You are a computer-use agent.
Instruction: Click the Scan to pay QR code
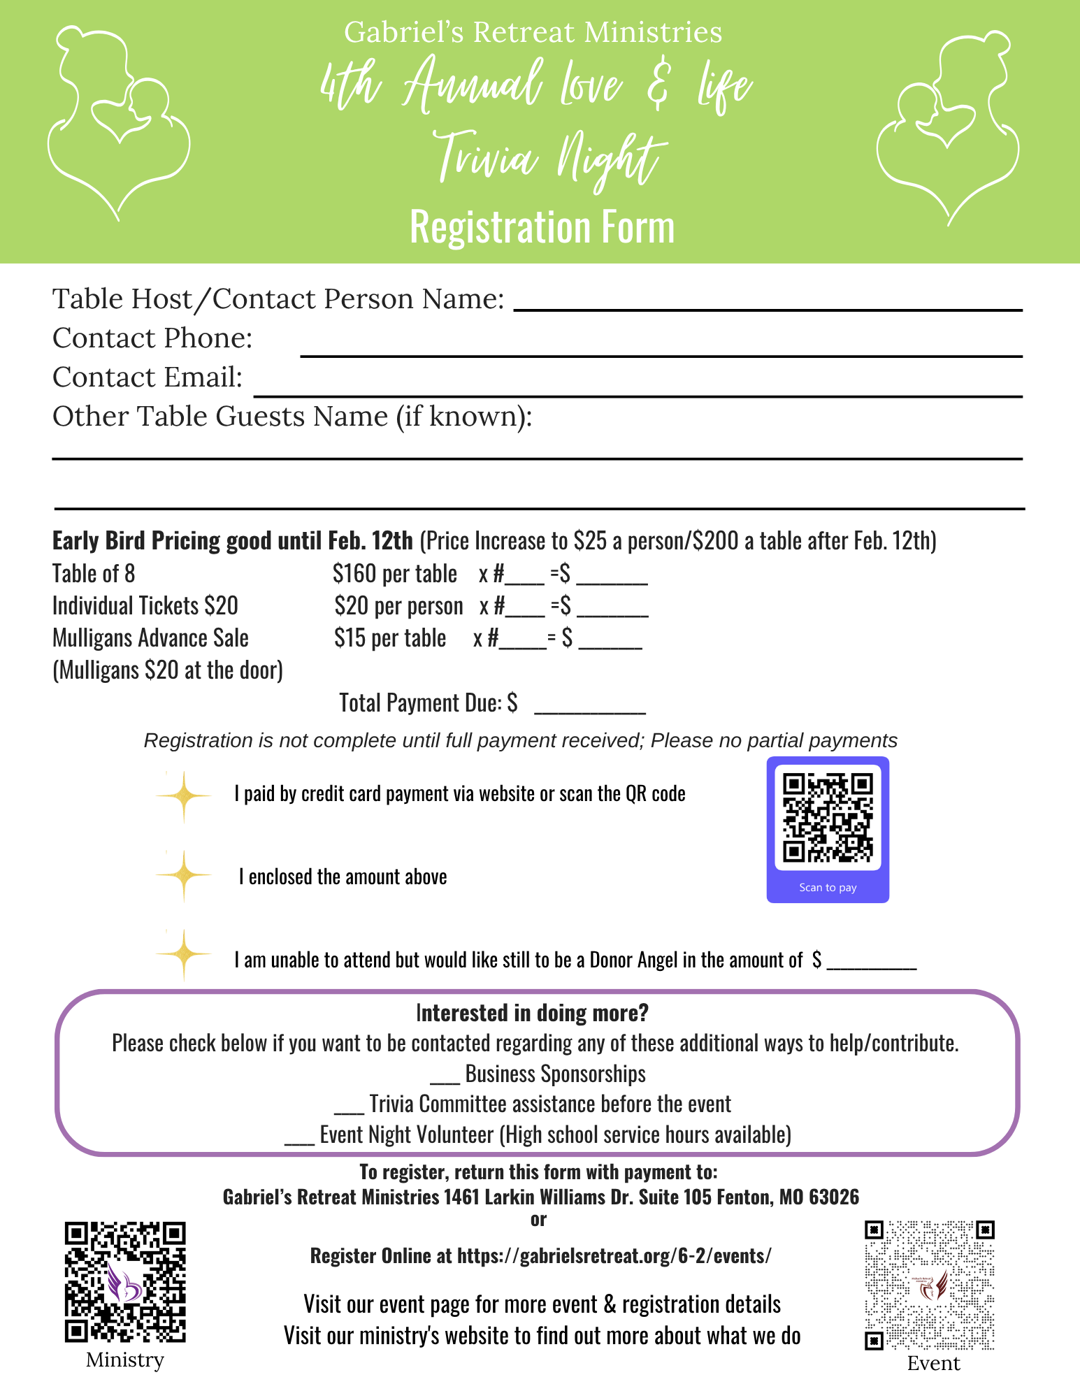(828, 818)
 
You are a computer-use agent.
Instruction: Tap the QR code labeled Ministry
(125, 1281)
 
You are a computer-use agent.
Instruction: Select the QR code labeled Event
(929, 1285)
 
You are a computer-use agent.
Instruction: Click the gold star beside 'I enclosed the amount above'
(183, 875)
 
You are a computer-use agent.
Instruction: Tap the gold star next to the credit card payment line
(183, 796)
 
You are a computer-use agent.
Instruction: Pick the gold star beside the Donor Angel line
(183, 954)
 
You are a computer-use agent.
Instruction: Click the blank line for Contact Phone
(661, 354)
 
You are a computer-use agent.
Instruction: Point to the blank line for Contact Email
(638, 394)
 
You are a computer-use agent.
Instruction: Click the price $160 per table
(395, 574)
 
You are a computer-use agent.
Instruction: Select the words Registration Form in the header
(542, 227)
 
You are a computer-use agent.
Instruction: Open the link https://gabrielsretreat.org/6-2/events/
(614, 1256)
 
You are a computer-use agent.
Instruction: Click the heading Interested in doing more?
(532, 1013)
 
